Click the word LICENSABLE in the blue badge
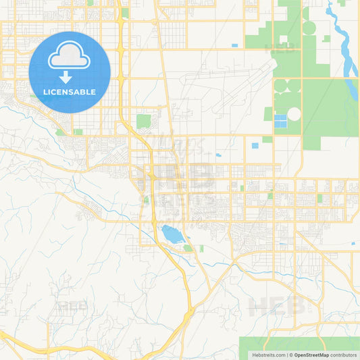70,92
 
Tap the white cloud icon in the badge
70,56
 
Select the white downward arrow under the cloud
70,76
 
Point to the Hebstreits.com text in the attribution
267,355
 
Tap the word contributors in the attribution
344,355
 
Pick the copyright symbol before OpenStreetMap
290,355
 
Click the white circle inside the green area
294,114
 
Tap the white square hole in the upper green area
309,28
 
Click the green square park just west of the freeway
143,122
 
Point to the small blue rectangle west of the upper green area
234,45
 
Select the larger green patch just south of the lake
188,248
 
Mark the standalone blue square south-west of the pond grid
255,145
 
